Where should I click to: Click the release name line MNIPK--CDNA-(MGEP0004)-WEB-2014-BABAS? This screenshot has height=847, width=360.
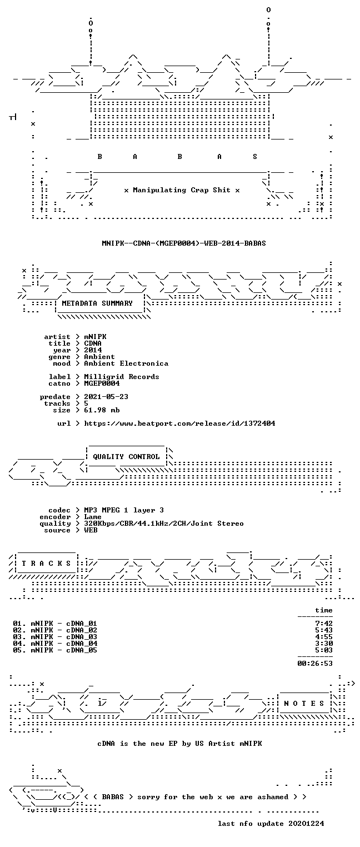[184, 243]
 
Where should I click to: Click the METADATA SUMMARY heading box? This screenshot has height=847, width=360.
[100, 304]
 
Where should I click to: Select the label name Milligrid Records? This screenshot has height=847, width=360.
[121, 377]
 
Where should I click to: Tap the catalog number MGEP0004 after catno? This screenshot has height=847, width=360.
[102, 383]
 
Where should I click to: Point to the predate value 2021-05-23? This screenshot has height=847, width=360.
[106, 397]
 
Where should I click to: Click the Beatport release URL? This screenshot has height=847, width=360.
[179, 423]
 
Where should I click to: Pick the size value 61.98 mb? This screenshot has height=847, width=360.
[102, 410]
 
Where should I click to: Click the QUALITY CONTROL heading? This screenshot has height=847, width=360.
[126, 457]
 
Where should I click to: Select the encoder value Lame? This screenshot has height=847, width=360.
[93, 517]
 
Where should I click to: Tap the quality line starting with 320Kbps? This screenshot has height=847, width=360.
[164, 524]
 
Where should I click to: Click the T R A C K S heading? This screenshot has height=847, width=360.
[46, 564]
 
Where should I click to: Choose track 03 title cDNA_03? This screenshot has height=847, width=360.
[82, 637]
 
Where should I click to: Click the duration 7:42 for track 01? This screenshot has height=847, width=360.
[324, 624]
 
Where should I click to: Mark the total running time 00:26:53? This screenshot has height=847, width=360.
[315, 663]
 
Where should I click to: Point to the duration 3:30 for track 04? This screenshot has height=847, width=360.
[324, 644]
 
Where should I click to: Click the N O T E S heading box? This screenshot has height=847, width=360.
[304, 704]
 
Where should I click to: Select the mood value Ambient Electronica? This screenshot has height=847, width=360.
[126, 363]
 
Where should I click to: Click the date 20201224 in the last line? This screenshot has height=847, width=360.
[306, 824]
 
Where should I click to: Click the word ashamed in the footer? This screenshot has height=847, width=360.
[273, 797]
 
